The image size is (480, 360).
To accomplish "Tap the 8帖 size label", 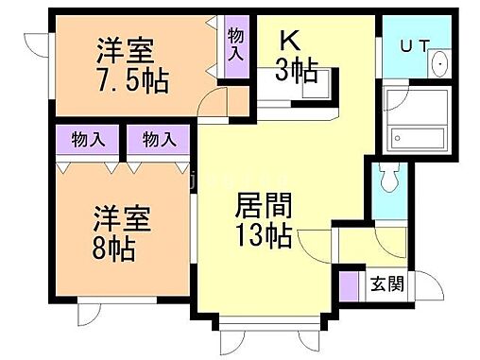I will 112,250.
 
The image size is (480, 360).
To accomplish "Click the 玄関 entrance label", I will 383,283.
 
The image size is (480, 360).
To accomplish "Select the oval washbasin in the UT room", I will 439,63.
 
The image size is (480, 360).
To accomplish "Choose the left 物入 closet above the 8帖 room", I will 88,140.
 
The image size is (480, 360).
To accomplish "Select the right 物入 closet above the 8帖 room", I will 159,140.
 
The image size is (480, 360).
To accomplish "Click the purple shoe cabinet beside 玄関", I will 349,284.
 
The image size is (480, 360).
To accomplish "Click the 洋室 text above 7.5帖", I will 125,49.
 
